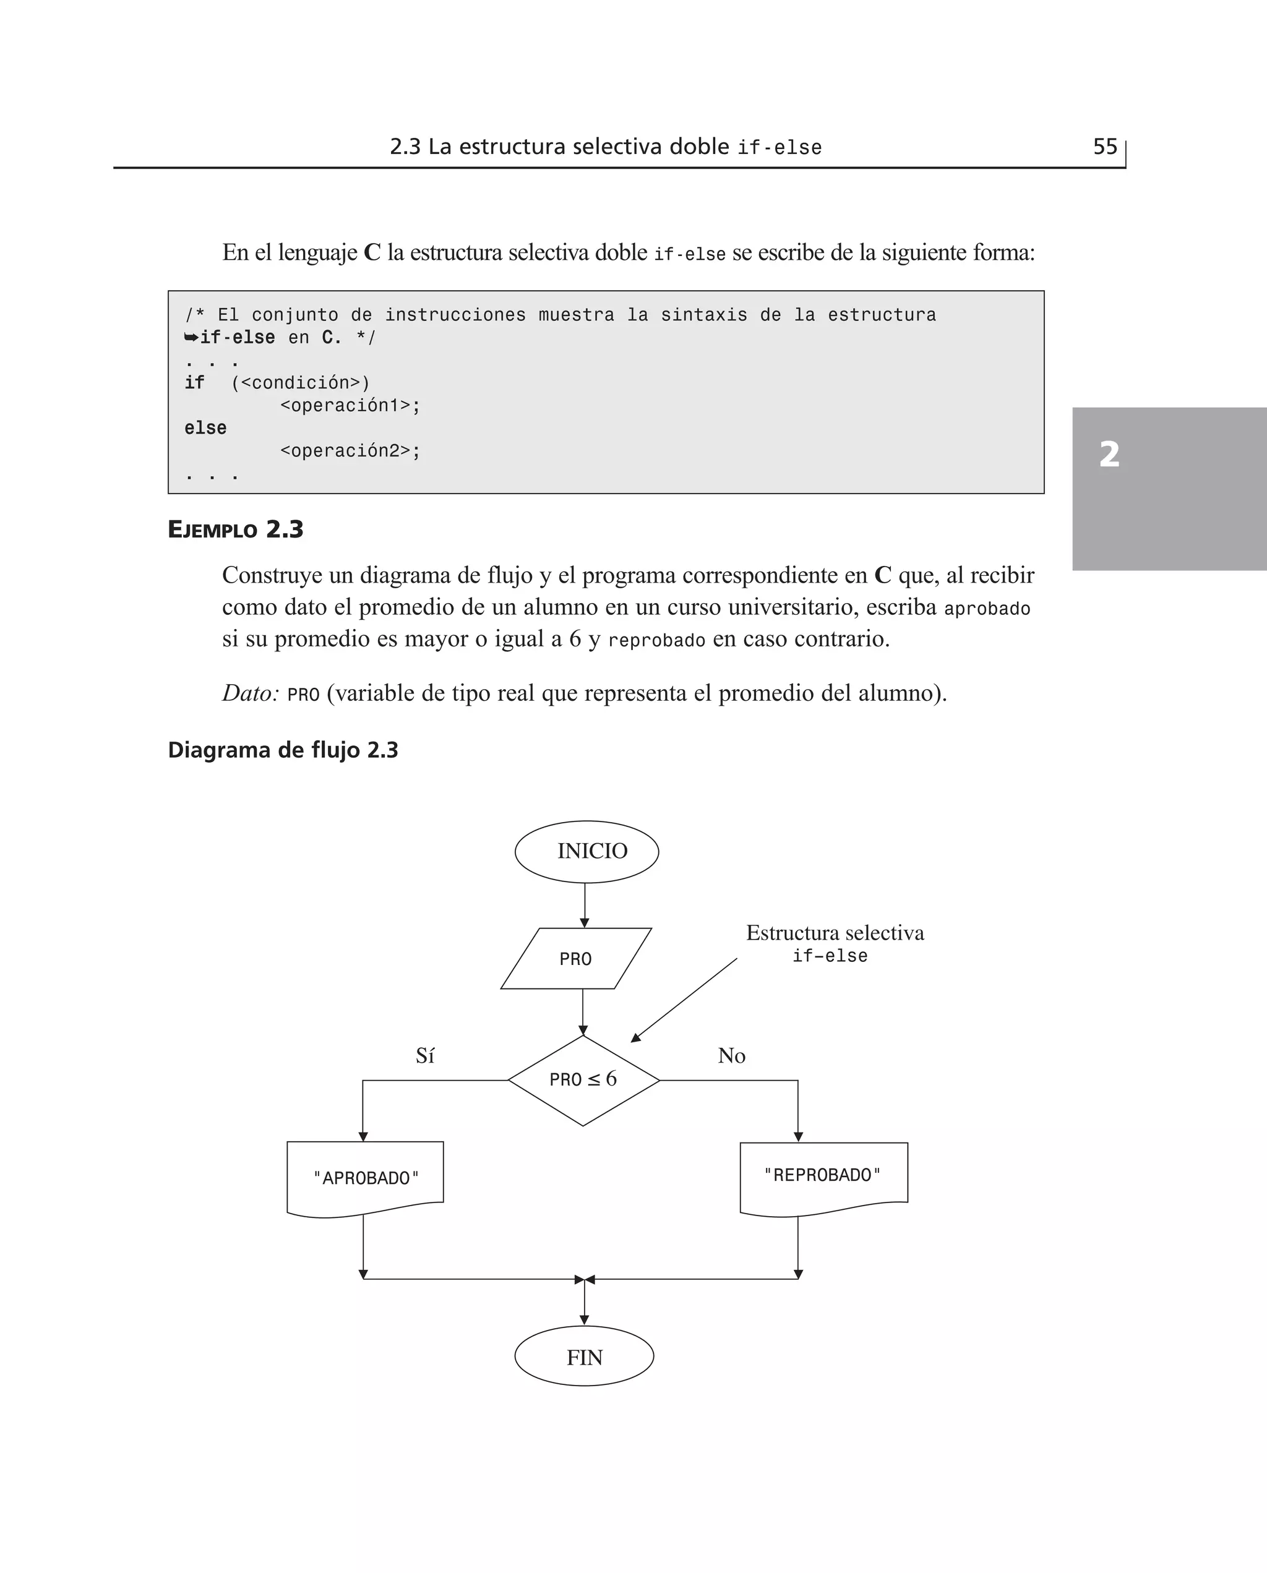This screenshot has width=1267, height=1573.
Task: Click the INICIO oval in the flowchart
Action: point(586,851)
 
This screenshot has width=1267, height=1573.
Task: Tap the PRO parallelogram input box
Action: point(576,959)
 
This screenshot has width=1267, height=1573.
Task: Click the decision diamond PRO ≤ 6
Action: point(583,1080)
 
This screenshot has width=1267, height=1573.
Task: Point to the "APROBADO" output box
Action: point(365,1178)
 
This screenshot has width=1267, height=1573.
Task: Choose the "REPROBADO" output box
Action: point(823,1175)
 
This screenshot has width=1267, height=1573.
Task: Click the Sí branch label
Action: point(425,1056)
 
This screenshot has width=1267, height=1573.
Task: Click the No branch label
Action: point(731,1056)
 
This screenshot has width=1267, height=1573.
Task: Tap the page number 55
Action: point(1105,147)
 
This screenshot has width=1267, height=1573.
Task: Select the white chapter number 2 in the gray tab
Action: point(1109,455)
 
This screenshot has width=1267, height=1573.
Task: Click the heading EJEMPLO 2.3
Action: point(235,529)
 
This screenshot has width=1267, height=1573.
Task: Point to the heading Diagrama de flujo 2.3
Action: point(283,750)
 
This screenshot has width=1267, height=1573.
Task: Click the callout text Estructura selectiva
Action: point(835,932)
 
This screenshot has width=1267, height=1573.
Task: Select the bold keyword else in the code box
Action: point(205,427)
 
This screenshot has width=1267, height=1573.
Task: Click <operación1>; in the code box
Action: point(350,406)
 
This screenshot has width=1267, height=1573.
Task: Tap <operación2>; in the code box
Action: point(350,451)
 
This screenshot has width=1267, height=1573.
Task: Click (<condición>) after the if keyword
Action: point(301,383)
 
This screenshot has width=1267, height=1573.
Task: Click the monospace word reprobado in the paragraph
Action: point(656,641)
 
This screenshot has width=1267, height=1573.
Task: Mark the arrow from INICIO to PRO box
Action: point(585,906)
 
